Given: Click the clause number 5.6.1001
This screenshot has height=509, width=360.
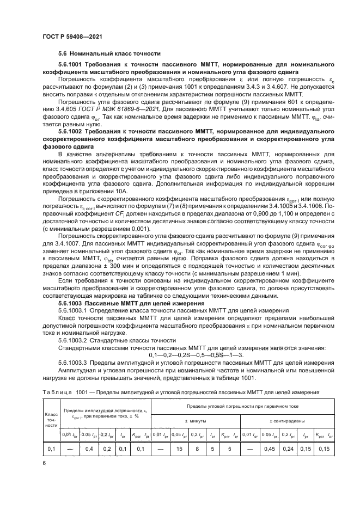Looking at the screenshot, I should point(72,65).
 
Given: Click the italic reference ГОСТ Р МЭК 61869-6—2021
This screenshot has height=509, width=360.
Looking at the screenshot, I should point(130,111).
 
